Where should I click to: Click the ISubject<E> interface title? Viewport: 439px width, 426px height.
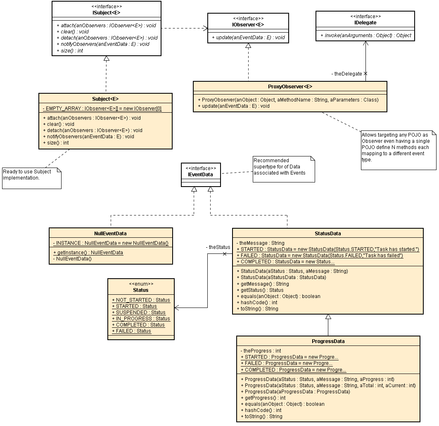(x=106, y=12)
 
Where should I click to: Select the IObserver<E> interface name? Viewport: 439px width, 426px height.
(x=248, y=24)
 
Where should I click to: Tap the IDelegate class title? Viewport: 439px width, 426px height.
(x=365, y=23)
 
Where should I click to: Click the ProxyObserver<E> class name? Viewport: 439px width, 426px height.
(x=290, y=87)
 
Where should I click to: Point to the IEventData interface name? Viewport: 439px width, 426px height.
(x=201, y=174)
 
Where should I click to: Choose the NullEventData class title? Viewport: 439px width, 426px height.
(x=111, y=234)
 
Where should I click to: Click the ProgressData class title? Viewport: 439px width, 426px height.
(x=328, y=341)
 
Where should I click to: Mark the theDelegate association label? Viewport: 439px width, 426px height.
(x=346, y=74)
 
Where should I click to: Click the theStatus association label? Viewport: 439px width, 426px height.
(x=218, y=247)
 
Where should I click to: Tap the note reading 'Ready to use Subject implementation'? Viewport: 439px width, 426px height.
(x=31, y=178)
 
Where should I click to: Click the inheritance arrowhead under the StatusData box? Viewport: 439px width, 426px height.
(x=328, y=317)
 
